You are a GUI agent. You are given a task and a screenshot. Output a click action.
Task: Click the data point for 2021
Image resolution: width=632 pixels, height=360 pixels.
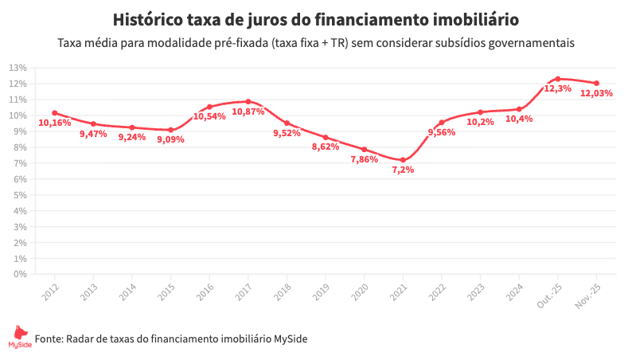tap(403, 160)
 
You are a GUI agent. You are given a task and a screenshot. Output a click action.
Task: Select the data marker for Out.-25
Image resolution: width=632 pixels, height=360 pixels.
tap(558, 79)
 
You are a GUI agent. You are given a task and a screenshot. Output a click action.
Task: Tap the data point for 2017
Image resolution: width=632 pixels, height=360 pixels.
tap(248, 102)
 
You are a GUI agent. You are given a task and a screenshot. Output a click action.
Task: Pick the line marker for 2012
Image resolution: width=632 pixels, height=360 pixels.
tap(54, 113)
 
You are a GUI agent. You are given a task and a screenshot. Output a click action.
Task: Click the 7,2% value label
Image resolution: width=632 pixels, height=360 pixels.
tap(403, 170)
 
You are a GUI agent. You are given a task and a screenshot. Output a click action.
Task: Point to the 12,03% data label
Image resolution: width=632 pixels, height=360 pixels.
tap(596, 93)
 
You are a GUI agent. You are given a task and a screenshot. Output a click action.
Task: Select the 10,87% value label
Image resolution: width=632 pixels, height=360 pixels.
tap(248, 112)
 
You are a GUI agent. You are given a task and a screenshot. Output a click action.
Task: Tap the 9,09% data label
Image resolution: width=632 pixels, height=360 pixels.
tap(170, 139)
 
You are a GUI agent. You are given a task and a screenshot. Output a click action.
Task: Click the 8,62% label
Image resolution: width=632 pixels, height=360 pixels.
tap(326, 147)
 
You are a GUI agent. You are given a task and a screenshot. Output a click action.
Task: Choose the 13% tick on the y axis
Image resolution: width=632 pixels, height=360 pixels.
tap(18, 68)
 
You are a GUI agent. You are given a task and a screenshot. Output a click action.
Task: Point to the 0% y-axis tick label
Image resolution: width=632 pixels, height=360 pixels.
tap(20, 274)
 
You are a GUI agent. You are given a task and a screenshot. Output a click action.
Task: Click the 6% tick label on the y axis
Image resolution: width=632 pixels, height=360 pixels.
tap(20, 179)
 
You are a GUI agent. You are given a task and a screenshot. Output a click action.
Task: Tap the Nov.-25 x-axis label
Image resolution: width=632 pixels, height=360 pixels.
tap(587, 295)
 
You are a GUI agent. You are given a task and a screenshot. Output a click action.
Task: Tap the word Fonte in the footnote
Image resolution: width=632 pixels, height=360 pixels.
tap(49, 338)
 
